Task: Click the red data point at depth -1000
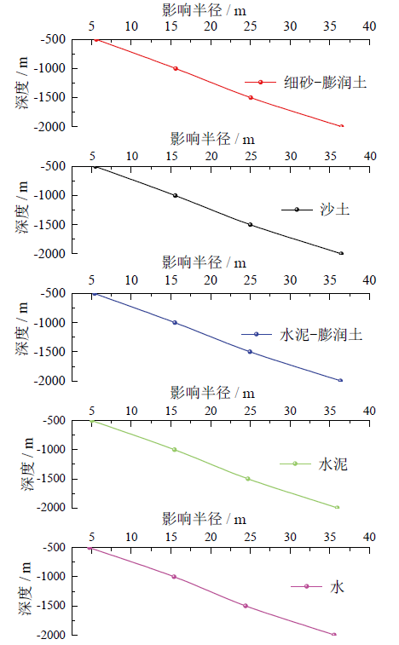(176, 68)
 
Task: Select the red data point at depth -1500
(251, 97)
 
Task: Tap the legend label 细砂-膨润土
(325, 83)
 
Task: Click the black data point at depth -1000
(176, 195)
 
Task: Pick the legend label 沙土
(335, 210)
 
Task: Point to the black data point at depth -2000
(341, 253)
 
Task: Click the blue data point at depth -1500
(250, 352)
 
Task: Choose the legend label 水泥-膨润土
(321, 335)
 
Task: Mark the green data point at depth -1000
(175, 450)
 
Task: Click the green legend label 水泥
(333, 464)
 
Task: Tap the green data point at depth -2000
(337, 507)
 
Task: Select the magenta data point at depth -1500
(246, 606)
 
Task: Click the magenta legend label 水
(337, 586)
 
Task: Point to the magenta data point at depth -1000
(174, 577)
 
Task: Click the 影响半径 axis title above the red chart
(205, 10)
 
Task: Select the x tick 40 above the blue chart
(369, 280)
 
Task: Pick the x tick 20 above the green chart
(211, 411)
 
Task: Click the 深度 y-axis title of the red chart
(23, 83)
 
